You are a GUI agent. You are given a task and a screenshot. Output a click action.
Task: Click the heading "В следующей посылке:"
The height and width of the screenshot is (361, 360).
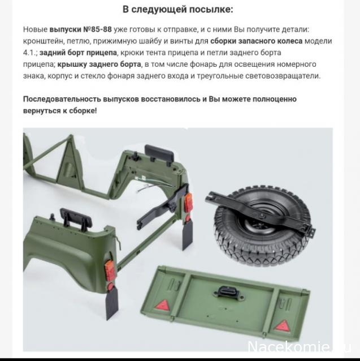click(177, 10)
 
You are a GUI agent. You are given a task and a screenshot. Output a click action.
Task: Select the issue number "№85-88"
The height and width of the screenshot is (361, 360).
click(97, 29)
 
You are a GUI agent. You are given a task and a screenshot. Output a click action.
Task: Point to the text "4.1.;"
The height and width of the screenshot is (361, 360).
click(31, 53)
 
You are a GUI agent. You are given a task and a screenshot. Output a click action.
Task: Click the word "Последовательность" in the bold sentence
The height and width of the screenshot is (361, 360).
click(62, 99)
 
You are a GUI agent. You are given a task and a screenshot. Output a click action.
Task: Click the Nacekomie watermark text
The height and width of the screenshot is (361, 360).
click(299, 347)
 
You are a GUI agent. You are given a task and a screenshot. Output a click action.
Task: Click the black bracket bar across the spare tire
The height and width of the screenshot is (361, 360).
click(260, 212)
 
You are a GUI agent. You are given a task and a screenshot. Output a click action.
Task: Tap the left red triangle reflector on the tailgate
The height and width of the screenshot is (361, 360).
click(163, 304)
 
